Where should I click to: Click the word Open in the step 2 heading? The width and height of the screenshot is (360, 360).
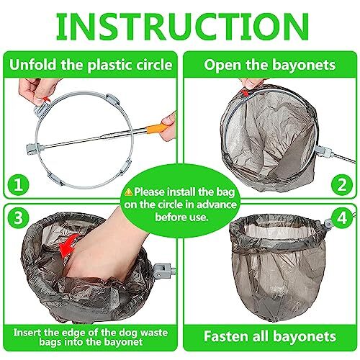(221, 65)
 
